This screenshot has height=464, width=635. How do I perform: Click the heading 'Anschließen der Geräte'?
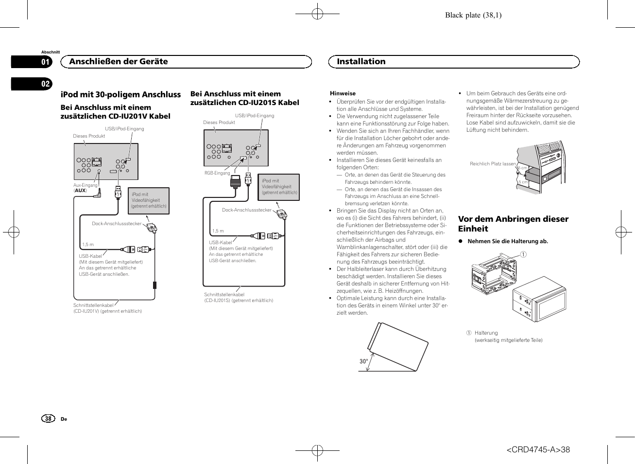pyautogui.click(x=119, y=61)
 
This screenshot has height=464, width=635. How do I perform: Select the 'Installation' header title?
pyautogui.click(x=361, y=61)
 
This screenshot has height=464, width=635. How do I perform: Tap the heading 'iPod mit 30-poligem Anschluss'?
pyautogui.click(x=120, y=94)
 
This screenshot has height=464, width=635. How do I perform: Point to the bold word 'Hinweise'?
pyautogui.click(x=343, y=93)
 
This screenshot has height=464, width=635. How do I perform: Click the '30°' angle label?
pyautogui.click(x=363, y=361)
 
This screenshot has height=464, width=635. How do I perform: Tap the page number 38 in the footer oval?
pyautogui.click(x=48, y=419)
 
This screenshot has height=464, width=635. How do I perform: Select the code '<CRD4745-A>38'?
pyautogui.click(x=538, y=450)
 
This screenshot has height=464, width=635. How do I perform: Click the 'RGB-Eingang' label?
pyautogui.click(x=217, y=173)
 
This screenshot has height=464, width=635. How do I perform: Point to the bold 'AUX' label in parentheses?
pyautogui.click(x=80, y=191)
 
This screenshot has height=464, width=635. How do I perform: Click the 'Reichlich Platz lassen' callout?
pyautogui.click(x=492, y=164)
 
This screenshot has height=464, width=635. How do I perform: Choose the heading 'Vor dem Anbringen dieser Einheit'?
pyautogui.click(x=513, y=224)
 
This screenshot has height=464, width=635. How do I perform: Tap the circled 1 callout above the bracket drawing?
pyautogui.click(x=523, y=254)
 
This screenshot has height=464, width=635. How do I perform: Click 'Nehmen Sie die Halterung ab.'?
pyautogui.click(x=507, y=241)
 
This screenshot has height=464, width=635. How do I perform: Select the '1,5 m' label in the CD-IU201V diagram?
pyautogui.click(x=88, y=245)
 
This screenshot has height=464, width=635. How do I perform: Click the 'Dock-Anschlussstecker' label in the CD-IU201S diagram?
pyautogui.click(x=246, y=210)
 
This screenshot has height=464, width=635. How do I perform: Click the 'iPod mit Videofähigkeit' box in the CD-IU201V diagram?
pyautogui.click(x=148, y=200)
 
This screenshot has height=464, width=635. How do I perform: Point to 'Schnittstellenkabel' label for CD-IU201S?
pyautogui.click(x=224, y=294)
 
